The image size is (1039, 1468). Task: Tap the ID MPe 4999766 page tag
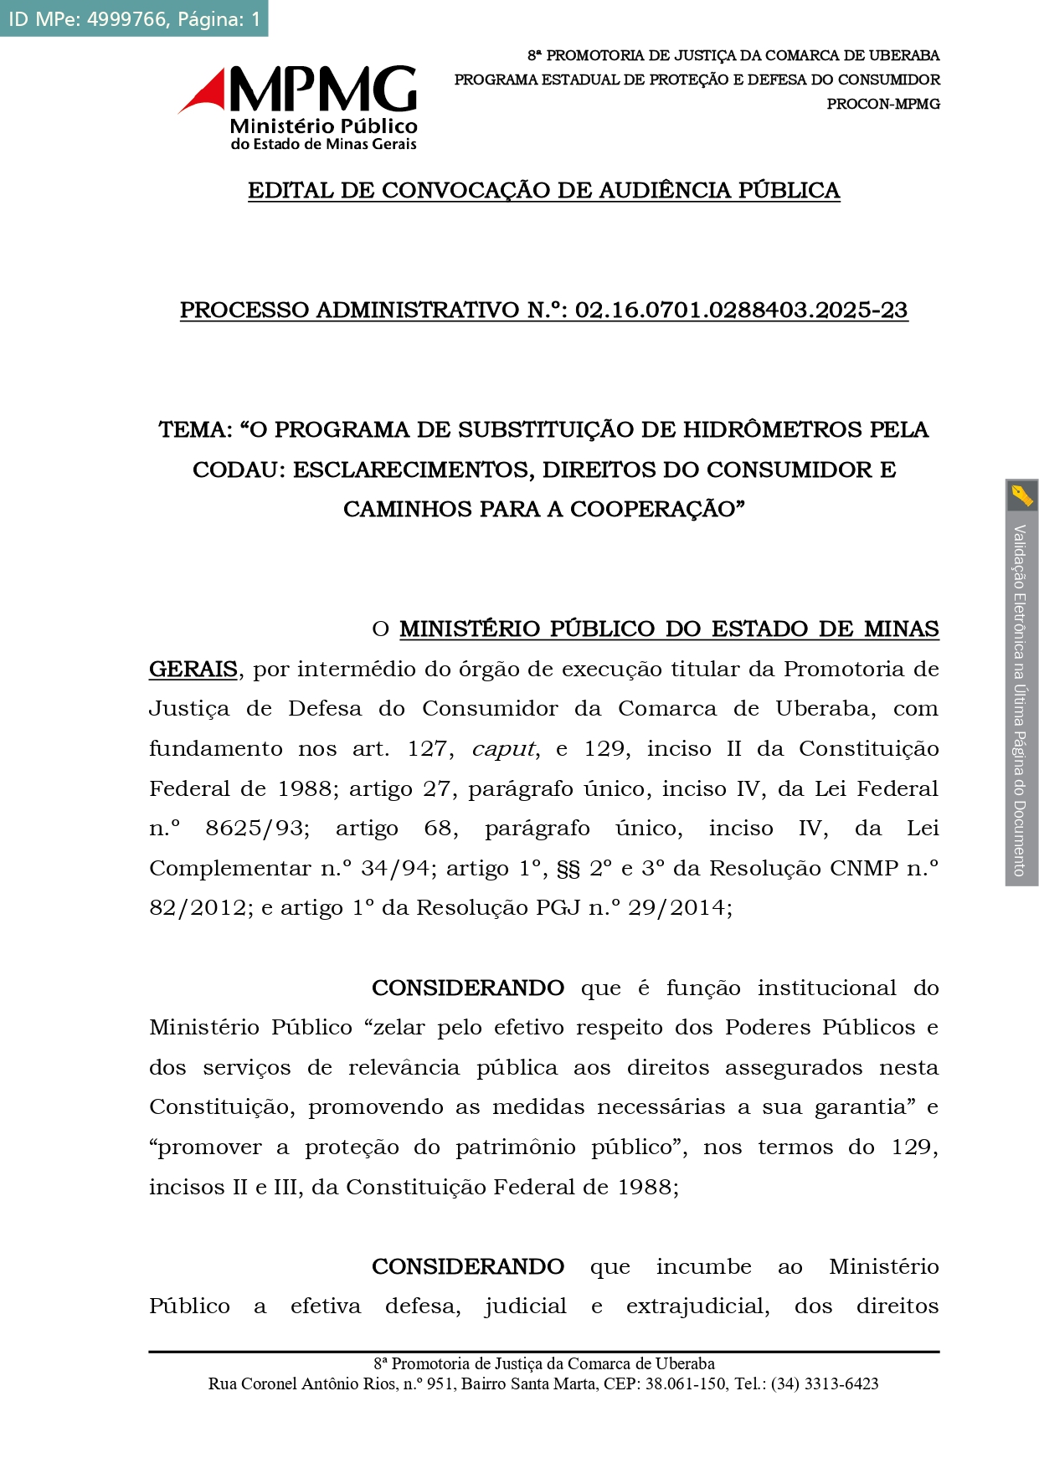click(134, 18)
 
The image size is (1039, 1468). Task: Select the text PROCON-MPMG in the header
click(882, 104)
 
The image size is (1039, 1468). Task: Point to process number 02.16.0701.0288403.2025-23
click(741, 311)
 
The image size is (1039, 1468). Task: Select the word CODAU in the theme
click(236, 470)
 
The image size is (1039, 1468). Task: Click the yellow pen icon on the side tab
click(1021, 495)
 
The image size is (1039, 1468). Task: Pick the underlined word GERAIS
click(193, 670)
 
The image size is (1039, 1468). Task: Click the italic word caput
click(503, 749)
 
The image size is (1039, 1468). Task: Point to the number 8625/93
click(257, 829)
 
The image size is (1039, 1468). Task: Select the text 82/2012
click(198, 908)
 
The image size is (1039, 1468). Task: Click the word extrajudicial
click(697, 1306)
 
